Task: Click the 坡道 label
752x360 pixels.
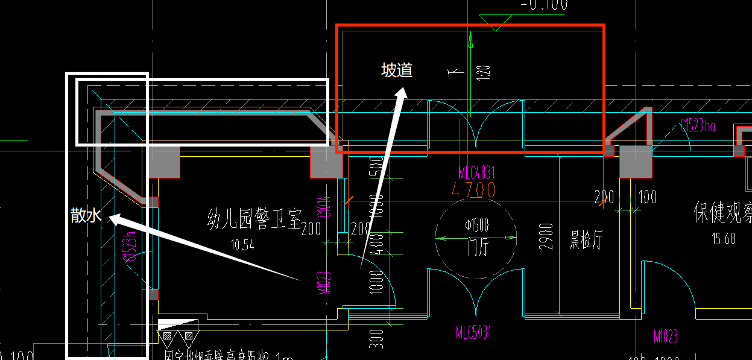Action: click(397, 71)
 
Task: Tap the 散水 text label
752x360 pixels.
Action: click(86, 215)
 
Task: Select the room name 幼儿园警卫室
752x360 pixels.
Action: click(253, 218)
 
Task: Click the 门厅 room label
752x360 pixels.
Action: click(476, 247)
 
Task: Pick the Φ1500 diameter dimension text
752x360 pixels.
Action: click(477, 226)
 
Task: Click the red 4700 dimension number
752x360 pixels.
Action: click(473, 191)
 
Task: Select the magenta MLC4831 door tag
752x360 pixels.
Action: click(477, 174)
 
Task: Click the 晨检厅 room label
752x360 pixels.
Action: click(586, 242)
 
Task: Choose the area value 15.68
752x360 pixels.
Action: click(723, 239)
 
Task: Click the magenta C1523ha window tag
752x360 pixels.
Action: click(697, 126)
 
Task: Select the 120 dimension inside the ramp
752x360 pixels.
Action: click(486, 72)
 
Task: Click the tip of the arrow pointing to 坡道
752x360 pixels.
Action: click(403, 89)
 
